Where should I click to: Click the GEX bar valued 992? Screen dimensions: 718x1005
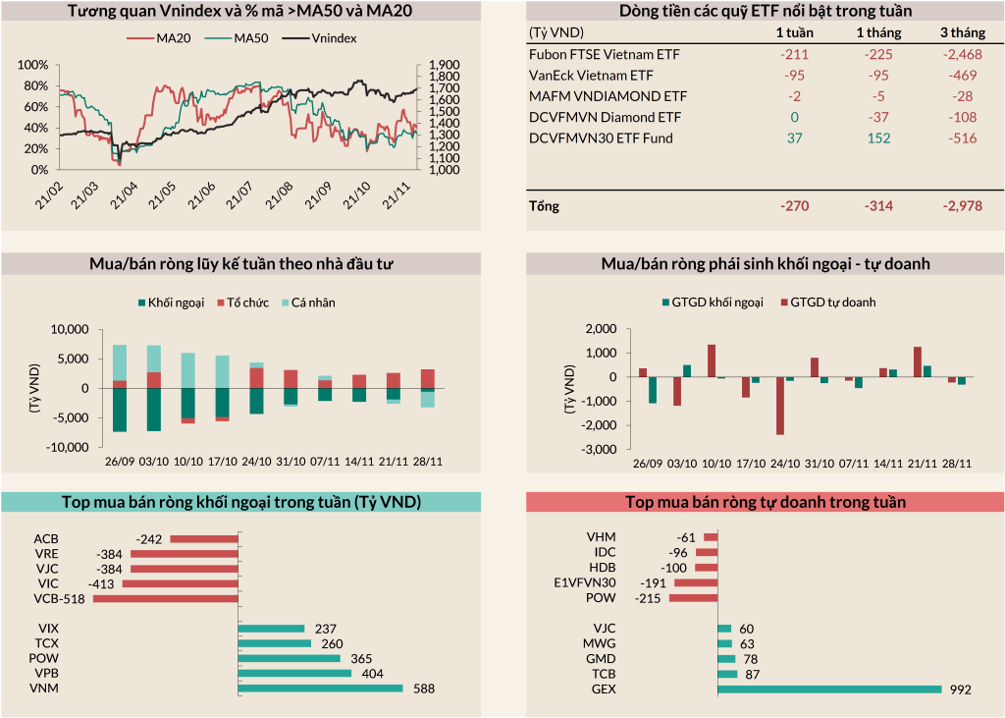tap(829, 690)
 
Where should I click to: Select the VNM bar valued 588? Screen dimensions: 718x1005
tap(321, 689)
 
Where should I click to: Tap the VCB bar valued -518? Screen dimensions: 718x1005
tap(165, 598)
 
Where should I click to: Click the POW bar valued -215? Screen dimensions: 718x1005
tap(693, 598)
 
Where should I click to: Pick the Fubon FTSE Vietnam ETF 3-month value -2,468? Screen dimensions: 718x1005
tap(957, 54)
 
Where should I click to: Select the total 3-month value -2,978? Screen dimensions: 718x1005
tap(957, 206)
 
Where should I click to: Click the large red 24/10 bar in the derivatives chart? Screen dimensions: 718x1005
tap(780, 406)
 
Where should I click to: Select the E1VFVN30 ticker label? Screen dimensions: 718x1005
tap(585, 582)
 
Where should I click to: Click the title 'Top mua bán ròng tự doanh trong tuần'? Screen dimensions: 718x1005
tap(766, 502)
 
